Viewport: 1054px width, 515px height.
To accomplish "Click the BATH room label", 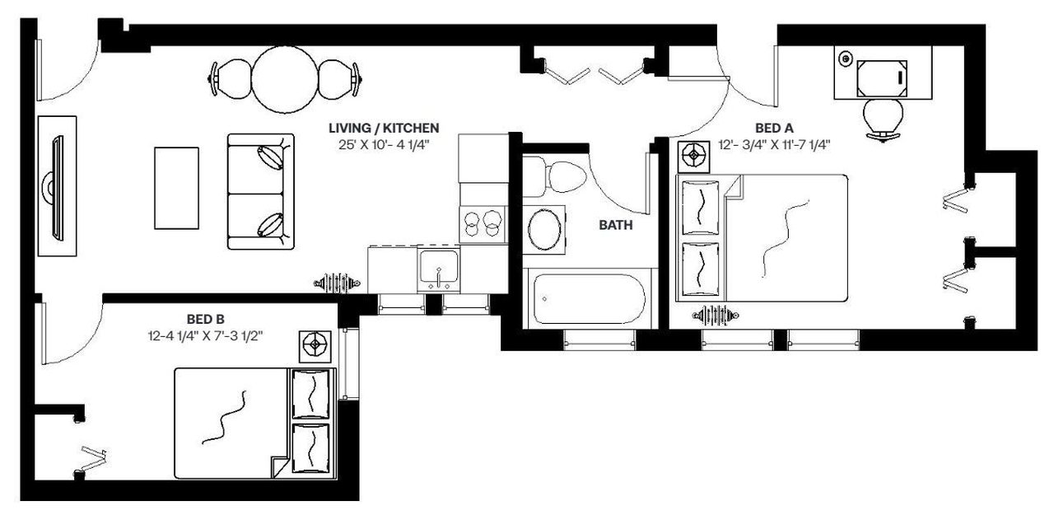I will tap(615, 225).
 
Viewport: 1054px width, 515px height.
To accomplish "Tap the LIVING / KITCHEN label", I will tap(384, 128).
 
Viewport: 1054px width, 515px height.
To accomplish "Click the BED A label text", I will tap(773, 128).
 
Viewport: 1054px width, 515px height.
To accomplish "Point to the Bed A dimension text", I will tap(773, 145).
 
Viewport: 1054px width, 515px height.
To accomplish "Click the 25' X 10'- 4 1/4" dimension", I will tap(384, 145).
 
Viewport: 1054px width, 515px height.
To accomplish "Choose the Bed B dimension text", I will tap(207, 335).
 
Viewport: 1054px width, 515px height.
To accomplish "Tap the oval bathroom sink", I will tap(544, 230).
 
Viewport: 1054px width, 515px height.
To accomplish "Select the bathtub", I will tap(588, 298).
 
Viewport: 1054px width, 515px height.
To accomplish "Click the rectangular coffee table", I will tap(176, 187).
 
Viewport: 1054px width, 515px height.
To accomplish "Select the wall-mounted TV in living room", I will tap(57, 189).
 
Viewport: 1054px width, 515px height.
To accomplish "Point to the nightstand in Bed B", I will tap(315, 346).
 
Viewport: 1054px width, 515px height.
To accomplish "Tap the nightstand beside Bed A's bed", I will tap(695, 154).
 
